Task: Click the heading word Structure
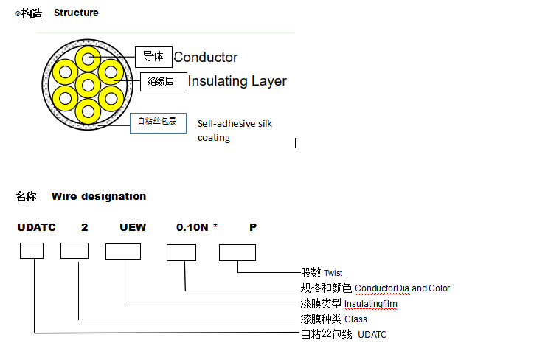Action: coord(76,13)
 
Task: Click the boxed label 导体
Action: coord(153,57)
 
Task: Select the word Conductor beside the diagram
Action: coord(206,58)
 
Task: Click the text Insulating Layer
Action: coord(237,81)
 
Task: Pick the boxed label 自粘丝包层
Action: coord(158,122)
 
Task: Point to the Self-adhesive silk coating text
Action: coord(235,131)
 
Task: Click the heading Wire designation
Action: coord(99,196)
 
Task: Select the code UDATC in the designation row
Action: coord(36,227)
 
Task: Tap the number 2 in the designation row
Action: coord(85,227)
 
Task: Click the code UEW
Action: coord(133,227)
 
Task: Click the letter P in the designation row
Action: coord(253,227)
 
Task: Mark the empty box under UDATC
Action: coord(31,251)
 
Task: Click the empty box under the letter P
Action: coord(237,252)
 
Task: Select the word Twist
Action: coord(333,273)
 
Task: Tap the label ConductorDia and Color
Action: coord(402,288)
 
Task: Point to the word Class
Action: coord(355,319)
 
